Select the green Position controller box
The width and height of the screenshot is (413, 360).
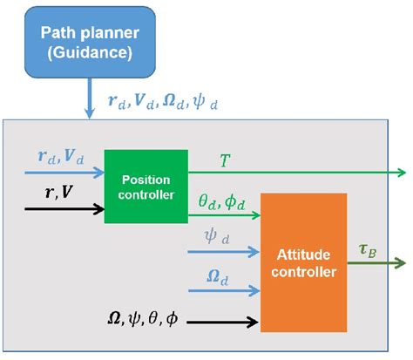[x=146, y=186]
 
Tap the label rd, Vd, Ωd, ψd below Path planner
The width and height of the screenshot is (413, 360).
[x=162, y=102]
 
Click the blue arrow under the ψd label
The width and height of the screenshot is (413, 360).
[x=223, y=252]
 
